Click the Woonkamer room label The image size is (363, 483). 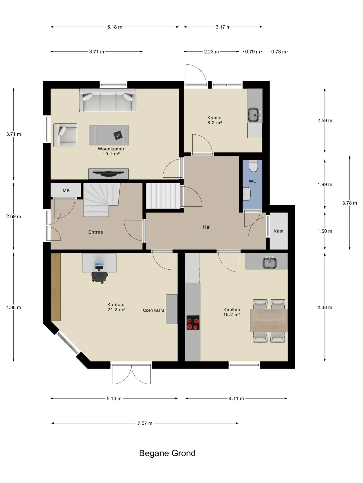pos(111,149)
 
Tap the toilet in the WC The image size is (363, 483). pos(253,166)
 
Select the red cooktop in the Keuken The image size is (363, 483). pos(193,323)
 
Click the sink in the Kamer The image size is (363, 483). pos(253,115)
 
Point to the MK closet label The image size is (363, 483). pos(66,190)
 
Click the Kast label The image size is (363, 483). pos(279,231)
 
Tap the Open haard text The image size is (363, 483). pos(154,310)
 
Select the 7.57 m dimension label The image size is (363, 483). pos(145,423)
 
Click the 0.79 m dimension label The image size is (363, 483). pos(253,52)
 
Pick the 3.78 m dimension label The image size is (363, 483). pos(350,203)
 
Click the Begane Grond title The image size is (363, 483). pos(167,453)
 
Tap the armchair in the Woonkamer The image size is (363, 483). pos(65,135)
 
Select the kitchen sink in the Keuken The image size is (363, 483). pos(270,262)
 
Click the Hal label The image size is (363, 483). pos(207,227)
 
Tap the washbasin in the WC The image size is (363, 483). pos(247,194)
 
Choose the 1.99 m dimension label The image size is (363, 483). pos(325,184)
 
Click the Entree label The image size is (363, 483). pos(96,232)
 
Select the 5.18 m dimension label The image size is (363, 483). pos(115,27)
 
